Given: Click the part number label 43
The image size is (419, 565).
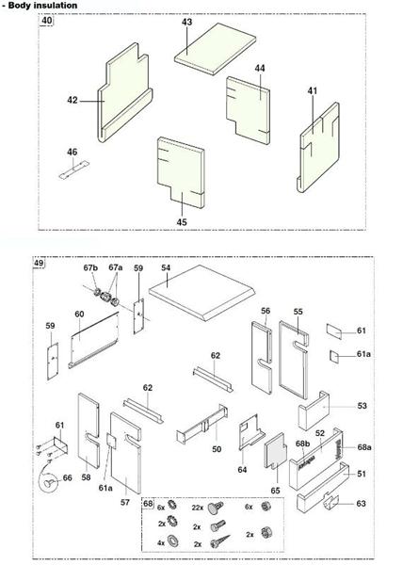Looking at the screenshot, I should click(186, 22).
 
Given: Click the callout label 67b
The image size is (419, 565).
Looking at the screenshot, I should click(90, 268).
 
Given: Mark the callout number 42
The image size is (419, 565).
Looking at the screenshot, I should click(73, 99).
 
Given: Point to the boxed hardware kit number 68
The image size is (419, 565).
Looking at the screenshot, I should click(148, 504).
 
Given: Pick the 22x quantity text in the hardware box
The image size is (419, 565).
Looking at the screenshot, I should click(198, 508).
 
